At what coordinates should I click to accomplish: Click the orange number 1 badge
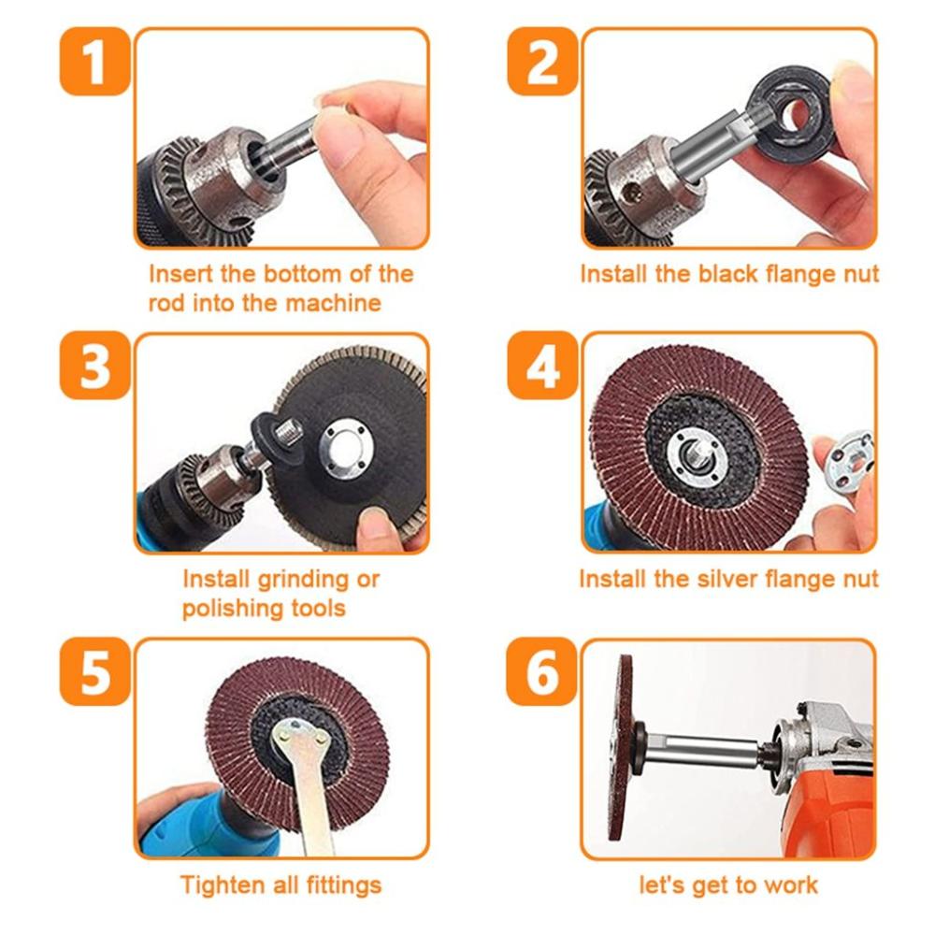93,62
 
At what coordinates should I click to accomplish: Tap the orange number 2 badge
539,62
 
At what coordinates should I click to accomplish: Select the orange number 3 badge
93,367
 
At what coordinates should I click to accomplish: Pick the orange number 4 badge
539,367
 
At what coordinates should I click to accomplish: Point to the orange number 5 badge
93,671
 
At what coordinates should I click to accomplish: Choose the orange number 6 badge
539,671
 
